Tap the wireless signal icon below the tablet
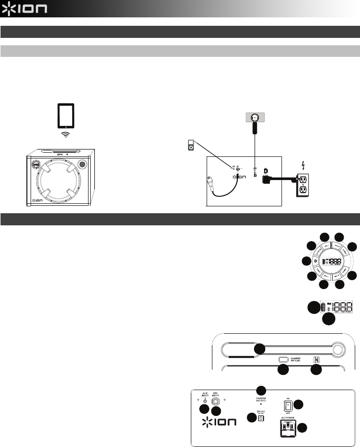tap(65, 135)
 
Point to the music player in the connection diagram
tap(191, 145)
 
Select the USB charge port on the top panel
tap(284, 359)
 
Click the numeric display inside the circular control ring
tap(330, 261)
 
